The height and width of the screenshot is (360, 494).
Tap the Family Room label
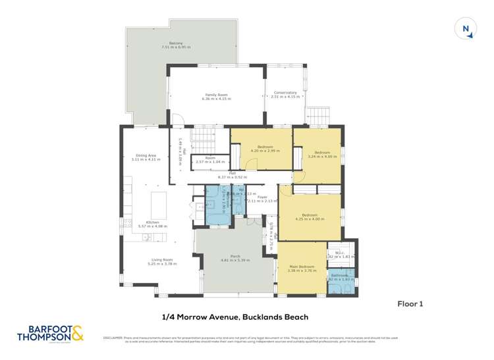coord(217,95)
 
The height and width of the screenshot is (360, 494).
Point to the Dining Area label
coord(146,157)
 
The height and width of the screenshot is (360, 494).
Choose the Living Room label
coord(153,261)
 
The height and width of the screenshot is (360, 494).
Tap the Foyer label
coord(261,197)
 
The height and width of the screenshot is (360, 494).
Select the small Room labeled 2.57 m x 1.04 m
coord(210,159)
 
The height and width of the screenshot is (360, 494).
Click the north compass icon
coord(466,28)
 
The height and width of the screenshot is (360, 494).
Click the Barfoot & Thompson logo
coord(45,333)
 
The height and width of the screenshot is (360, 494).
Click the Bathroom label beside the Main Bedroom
coord(340,276)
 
